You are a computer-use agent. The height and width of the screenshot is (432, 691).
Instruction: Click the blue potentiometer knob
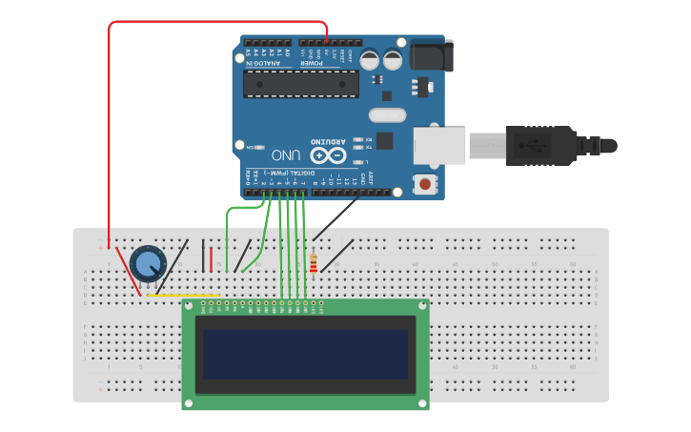(x=147, y=263)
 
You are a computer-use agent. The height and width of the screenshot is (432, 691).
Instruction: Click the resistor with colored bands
(x=314, y=263)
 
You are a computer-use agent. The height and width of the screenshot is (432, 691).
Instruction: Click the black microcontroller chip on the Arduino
(x=300, y=84)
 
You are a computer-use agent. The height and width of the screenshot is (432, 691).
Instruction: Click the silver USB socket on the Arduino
(x=439, y=145)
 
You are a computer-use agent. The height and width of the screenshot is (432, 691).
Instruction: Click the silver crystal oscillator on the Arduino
(x=386, y=115)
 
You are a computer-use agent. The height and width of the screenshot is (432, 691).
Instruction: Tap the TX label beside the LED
(x=367, y=148)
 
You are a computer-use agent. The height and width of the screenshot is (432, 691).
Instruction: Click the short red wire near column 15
(x=211, y=258)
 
